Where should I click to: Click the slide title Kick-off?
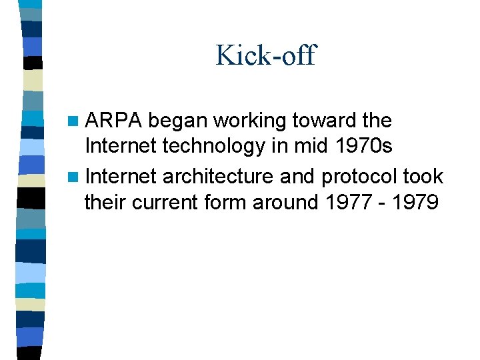(x=265, y=55)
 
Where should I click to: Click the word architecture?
(x=218, y=177)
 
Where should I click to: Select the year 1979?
(x=416, y=202)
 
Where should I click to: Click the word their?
(x=105, y=202)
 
